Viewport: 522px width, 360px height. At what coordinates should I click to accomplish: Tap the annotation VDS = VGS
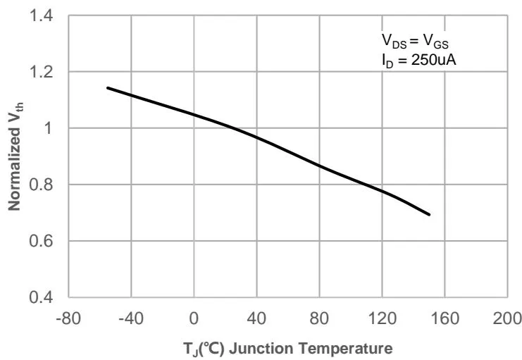(411, 42)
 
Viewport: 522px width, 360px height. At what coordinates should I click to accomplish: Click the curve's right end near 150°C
(429, 214)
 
